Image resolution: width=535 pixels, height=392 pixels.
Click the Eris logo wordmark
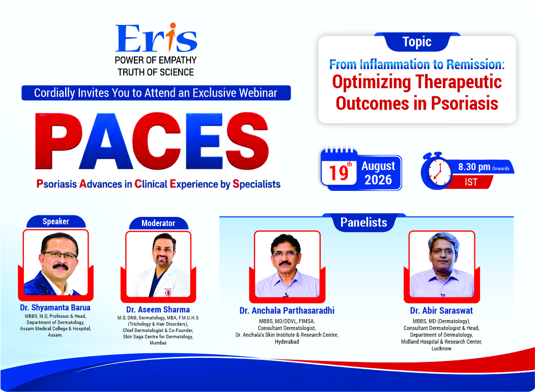click(x=156, y=38)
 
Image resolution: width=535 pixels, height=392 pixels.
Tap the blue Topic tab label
click(x=417, y=42)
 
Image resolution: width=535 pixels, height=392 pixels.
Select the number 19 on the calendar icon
click(x=339, y=173)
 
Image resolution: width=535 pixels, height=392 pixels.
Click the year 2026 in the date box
click(x=378, y=180)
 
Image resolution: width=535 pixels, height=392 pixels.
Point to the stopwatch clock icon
click(x=436, y=171)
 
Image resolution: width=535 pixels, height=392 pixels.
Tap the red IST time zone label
click(x=471, y=182)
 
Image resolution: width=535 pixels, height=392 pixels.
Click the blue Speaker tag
click(x=56, y=221)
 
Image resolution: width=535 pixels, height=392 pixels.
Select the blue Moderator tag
click(x=158, y=223)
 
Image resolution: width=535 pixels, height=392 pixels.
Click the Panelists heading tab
click(x=364, y=222)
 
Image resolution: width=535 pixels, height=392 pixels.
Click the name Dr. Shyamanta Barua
click(x=55, y=307)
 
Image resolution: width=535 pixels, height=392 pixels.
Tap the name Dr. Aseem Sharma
click(x=158, y=310)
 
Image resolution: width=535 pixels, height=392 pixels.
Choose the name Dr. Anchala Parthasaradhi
click(x=287, y=311)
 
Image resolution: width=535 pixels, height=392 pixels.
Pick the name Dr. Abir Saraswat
click(x=441, y=311)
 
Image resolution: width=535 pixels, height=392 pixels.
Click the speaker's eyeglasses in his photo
click(x=60, y=255)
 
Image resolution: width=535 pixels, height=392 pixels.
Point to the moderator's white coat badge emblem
click(x=168, y=292)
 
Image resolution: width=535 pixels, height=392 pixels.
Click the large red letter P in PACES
click(x=59, y=141)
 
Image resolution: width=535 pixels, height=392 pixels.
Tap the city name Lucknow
click(x=441, y=348)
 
